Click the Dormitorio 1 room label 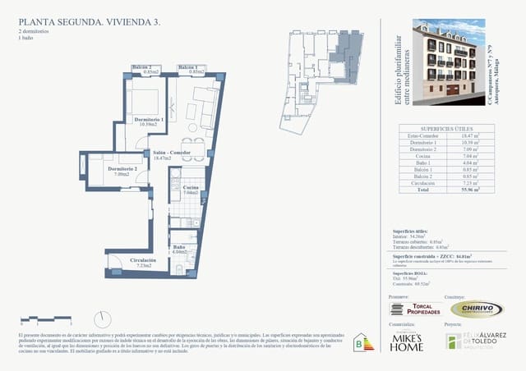[x=150, y=120]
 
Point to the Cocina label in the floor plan [x=191, y=188]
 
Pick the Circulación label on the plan [x=143, y=260]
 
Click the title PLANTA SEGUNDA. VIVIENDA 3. [x=81, y=22]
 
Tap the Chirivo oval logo [x=477, y=309]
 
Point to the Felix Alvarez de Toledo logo [x=477, y=341]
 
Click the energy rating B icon [x=359, y=341]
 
